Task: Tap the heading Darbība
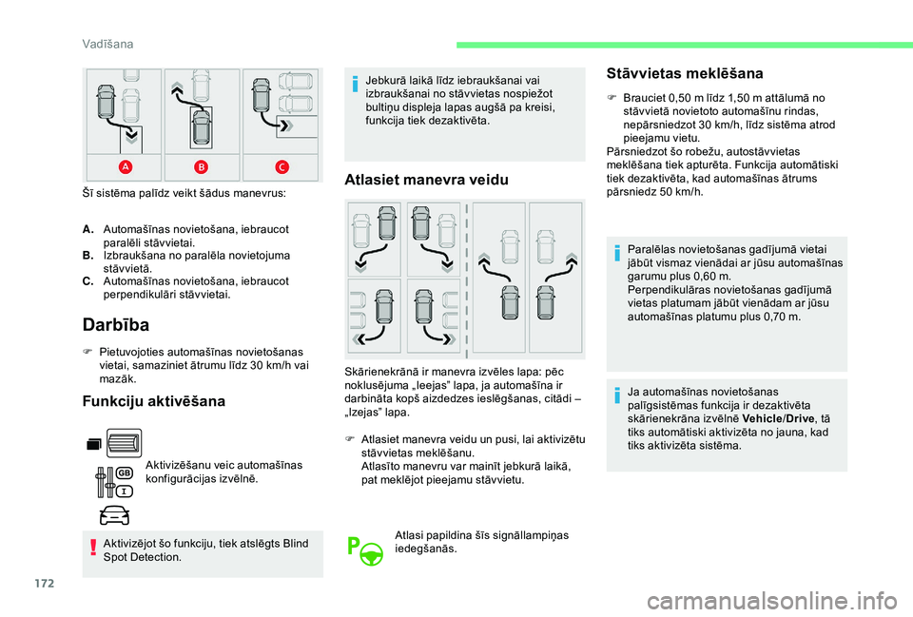(116, 325)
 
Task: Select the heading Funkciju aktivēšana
(155, 401)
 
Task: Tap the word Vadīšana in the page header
(106, 43)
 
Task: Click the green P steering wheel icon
(365, 550)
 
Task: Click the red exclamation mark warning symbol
(93, 550)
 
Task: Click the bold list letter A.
(87, 230)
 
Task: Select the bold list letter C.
(87, 281)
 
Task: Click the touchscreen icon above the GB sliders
(117, 442)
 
